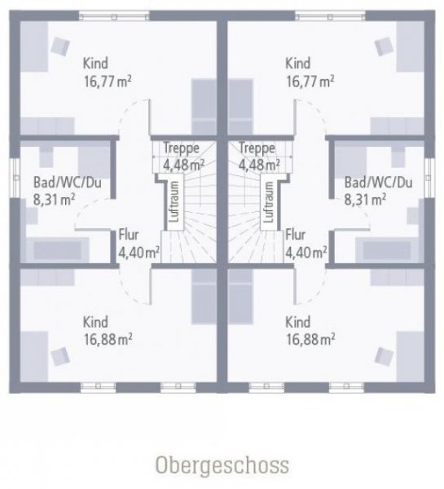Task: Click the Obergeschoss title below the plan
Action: click(222, 466)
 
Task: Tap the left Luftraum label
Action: click(174, 202)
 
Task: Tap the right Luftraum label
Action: click(268, 202)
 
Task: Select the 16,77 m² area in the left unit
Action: click(108, 81)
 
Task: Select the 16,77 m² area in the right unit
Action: click(310, 81)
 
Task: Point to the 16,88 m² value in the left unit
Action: click(108, 339)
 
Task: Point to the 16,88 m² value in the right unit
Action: click(310, 339)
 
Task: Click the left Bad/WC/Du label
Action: click(68, 183)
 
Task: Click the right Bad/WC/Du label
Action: click(378, 183)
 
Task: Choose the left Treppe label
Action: click(181, 148)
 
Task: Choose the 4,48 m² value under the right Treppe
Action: click(259, 165)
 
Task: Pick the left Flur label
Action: click(129, 235)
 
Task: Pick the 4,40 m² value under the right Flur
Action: click(306, 252)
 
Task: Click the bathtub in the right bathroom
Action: click(387, 250)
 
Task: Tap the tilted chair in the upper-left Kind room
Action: click(60, 46)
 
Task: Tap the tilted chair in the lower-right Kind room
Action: click(384, 356)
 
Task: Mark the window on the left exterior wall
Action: click(15, 178)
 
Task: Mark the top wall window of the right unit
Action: click(330, 15)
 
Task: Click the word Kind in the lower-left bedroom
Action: click(95, 322)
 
